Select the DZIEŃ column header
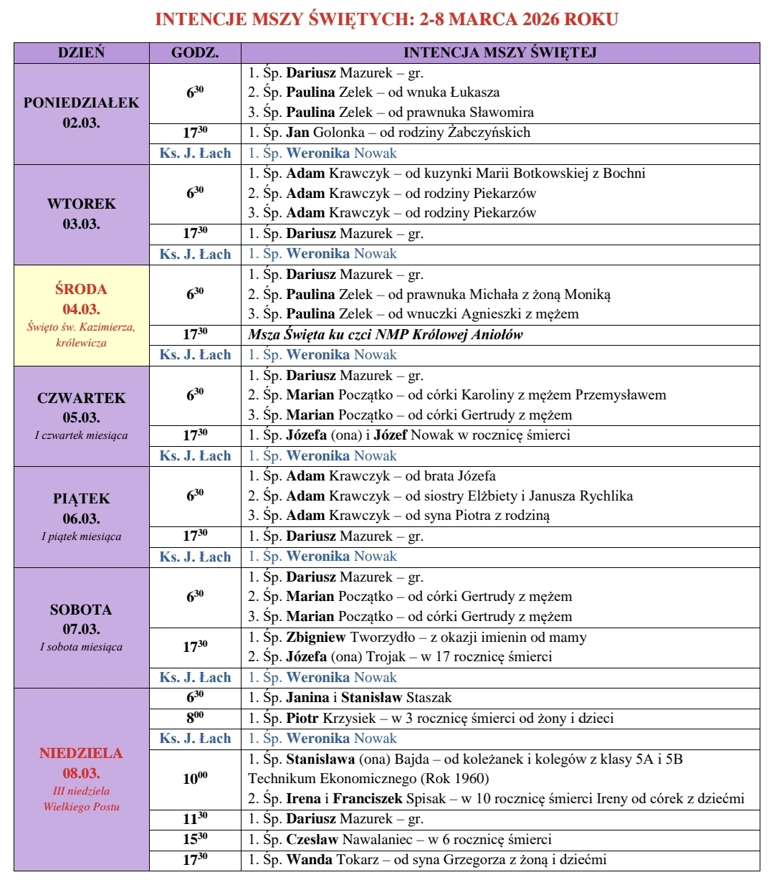tap(81, 52)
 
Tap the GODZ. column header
tap(195, 52)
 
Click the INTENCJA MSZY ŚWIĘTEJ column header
tap(500, 52)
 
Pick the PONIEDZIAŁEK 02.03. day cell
tap(81, 113)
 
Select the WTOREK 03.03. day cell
tap(81, 214)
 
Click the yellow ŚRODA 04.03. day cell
tap(81, 315)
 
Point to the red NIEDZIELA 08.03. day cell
tap(81, 779)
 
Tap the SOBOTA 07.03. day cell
tap(81, 627)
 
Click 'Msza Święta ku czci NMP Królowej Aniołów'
tap(386, 334)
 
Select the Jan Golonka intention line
tap(389, 133)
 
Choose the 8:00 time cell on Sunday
tap(195, 718)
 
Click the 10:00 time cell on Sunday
tap(195, 779)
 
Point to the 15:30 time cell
tap(195, 839)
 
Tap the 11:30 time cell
tap(195, 819)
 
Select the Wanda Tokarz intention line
tap(427, 860)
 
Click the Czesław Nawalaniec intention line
tap(400, 839)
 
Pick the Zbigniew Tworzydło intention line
tap(417, 637)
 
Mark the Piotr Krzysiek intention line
tap(431, 718)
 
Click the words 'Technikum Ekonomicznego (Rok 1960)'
tap(368, 779)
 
